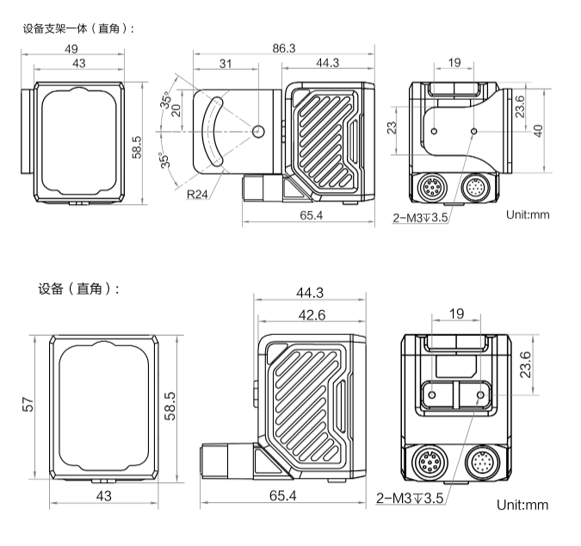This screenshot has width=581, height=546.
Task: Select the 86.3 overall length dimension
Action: tap(283, 49)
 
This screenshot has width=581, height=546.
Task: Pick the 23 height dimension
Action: tap(392, 129)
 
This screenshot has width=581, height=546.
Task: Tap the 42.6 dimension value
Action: tap(312, 315)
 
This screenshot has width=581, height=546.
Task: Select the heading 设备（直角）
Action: tap(78, 288)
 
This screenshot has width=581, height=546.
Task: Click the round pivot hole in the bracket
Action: tap(259, 131)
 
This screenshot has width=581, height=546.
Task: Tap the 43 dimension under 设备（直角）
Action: tap(104, 495)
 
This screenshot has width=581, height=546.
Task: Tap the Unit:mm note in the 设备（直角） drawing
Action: tap(522, 504)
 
